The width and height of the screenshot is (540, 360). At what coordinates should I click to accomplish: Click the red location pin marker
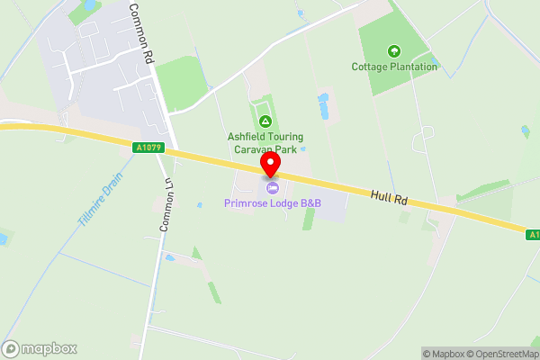point(270,163)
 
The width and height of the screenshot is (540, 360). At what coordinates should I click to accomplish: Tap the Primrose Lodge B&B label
point(273,203)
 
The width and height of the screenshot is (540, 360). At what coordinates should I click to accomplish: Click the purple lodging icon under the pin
point(271,185)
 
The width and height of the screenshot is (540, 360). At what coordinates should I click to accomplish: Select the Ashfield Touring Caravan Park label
point(265,142)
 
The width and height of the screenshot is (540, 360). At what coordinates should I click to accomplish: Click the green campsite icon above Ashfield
point(265,121)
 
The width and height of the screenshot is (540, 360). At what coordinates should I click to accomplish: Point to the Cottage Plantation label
point(394,67)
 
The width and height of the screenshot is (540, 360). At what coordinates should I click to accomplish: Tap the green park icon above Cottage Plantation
point(392,50)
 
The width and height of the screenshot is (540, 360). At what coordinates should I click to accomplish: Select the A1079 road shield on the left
point(148,148)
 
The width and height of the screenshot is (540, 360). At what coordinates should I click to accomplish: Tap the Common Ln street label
point(166,204)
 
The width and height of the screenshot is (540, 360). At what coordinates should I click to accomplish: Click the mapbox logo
point(40,349)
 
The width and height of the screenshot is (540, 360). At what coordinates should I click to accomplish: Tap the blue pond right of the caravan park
point(322,106)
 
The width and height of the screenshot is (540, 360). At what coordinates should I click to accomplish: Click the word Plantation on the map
point(413,67)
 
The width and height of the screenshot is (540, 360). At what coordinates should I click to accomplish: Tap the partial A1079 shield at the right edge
point(533,234)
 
